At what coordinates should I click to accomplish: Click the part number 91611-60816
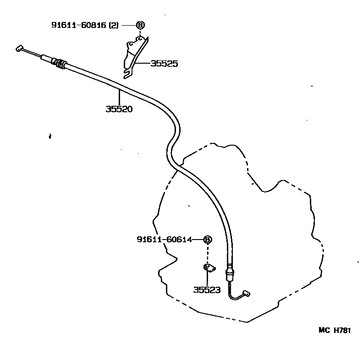(x=79, y=25)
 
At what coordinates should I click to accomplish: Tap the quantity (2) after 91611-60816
(x=114, y=25)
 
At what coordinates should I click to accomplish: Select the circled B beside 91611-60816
(x=140, y=25)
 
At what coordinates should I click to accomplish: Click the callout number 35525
(x=165, y=64)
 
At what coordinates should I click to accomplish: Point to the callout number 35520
(x=119, y=109)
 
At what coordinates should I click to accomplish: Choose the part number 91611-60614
(x=165, y=239)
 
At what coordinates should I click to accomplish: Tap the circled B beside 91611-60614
(x=208, y=240)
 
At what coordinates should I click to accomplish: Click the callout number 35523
(x=207, y=290)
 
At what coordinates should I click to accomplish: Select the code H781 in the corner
(x=342, y=330)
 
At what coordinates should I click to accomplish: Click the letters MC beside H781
(x=324, y=330)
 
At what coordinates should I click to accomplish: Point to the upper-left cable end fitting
(x=19, y=49)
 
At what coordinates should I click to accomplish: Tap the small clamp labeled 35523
(x=209, y=268)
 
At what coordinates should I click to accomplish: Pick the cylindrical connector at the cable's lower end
(x=230, y=275)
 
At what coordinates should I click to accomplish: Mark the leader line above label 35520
(x=119, y=98)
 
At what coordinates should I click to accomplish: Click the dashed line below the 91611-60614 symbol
(x=208, y=254)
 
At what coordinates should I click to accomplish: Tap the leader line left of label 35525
(x=143, y=63)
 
